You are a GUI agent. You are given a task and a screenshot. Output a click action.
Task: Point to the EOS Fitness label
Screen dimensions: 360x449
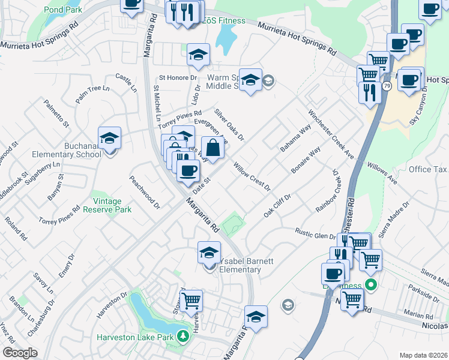223,21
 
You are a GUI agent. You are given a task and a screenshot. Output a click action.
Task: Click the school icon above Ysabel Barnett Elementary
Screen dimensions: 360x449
209,252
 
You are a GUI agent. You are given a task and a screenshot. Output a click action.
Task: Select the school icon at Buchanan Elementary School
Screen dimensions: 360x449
109,138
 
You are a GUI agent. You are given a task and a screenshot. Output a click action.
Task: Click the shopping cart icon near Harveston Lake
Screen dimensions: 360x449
191,300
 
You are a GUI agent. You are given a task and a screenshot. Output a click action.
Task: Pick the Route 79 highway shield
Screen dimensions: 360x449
387,86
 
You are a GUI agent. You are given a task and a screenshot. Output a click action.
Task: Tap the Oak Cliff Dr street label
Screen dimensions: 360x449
277,206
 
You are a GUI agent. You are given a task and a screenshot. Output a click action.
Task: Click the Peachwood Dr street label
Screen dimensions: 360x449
145,192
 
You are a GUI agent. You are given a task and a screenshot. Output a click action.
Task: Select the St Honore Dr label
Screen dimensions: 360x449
178,78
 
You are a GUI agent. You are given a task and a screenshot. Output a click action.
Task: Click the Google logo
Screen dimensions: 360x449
20,353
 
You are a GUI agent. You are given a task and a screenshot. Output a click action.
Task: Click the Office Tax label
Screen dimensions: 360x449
428,169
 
